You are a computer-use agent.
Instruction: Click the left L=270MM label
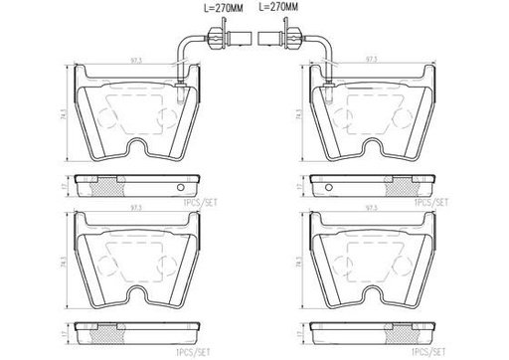[x=211, y=8]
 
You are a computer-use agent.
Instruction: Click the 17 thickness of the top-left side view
[x=67, y=185]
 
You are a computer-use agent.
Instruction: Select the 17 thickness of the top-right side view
[x=299, y=185]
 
